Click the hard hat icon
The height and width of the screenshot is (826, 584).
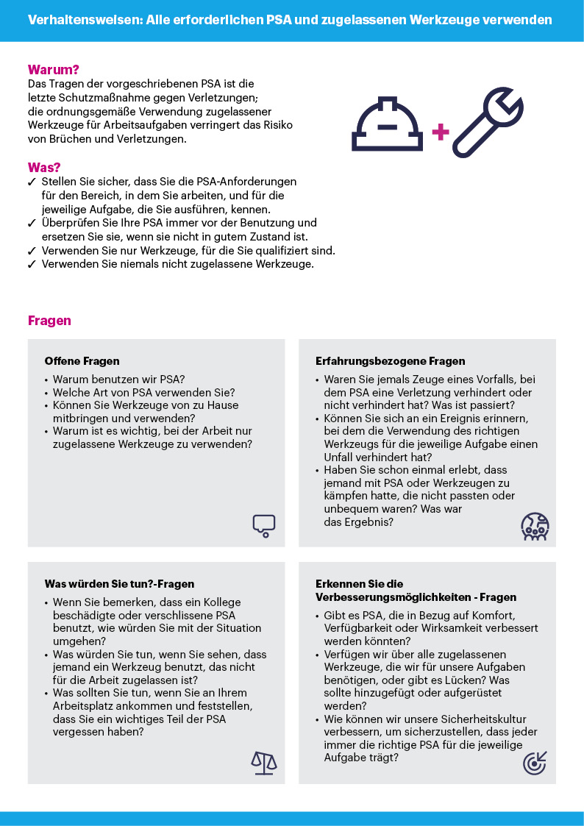click(388, 126)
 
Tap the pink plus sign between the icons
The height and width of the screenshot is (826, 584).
click(441, 132)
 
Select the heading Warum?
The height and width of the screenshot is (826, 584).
click(53, 70)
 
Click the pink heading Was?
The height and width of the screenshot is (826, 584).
click(44, 167)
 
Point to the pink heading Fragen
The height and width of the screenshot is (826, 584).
click(49, 321)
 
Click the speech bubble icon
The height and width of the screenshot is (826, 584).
click(263, 525)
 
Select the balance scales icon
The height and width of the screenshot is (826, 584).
click(264, 763)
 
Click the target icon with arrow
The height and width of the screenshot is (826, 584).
click(535, 763)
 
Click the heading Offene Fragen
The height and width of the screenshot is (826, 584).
click(82, 361)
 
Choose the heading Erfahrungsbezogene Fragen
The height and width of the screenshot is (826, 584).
click(390, 361)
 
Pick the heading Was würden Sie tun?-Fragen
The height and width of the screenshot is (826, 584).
click(119, 584)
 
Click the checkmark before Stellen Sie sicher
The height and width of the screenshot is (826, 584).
click(32, 182)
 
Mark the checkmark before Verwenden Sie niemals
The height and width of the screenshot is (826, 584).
click(32, 264)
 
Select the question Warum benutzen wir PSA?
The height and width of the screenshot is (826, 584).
click(119, 380)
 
